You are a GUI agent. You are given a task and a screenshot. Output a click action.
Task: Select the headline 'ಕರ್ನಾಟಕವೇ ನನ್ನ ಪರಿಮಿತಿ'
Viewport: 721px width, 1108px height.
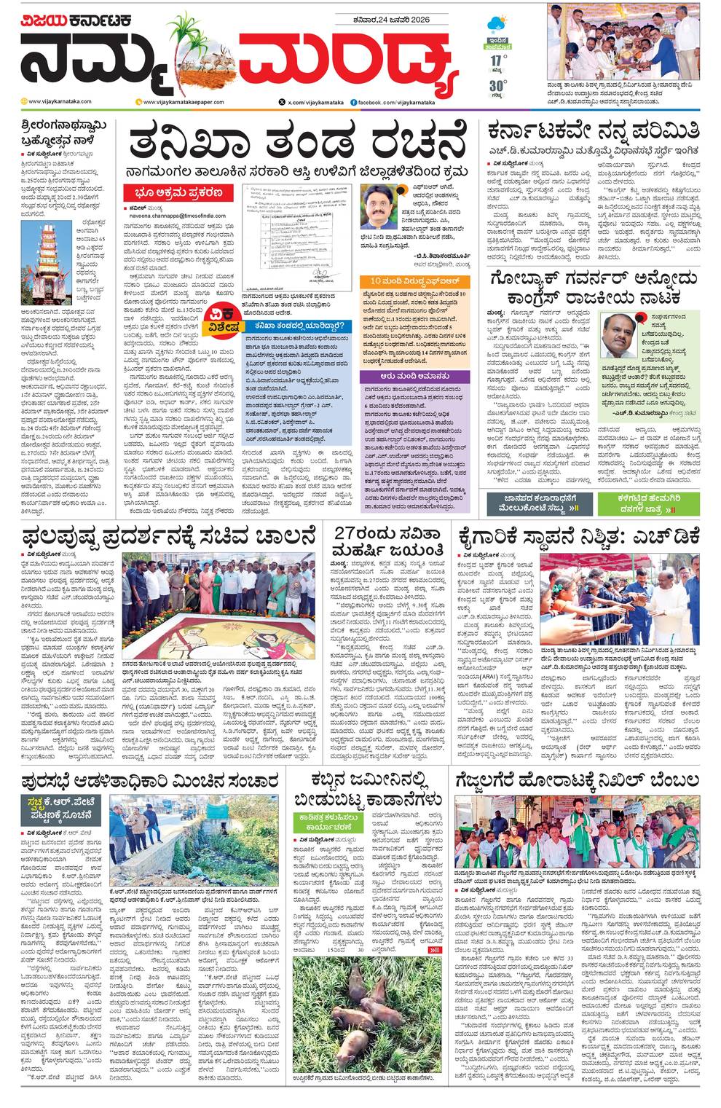(594, 131)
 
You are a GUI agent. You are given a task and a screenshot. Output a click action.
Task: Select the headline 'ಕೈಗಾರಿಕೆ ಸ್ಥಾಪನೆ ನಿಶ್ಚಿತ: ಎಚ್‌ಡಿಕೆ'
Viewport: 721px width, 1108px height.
(579, 537)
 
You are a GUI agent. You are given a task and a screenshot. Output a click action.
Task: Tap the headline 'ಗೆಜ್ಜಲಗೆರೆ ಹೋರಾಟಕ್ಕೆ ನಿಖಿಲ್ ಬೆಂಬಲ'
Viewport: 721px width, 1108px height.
(578, 780)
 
